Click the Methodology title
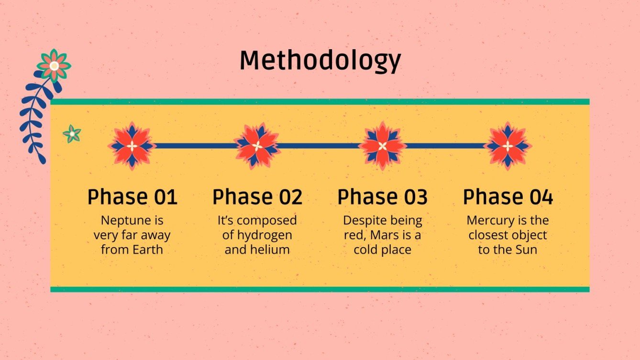320,61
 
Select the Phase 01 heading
132,197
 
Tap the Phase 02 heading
257,197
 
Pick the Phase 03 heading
382,197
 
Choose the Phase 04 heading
508,197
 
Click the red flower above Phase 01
132,145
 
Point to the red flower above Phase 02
257,145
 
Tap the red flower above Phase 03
382,145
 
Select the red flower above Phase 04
508,145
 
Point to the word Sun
526,250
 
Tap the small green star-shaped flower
72,134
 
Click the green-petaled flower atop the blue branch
54,65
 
